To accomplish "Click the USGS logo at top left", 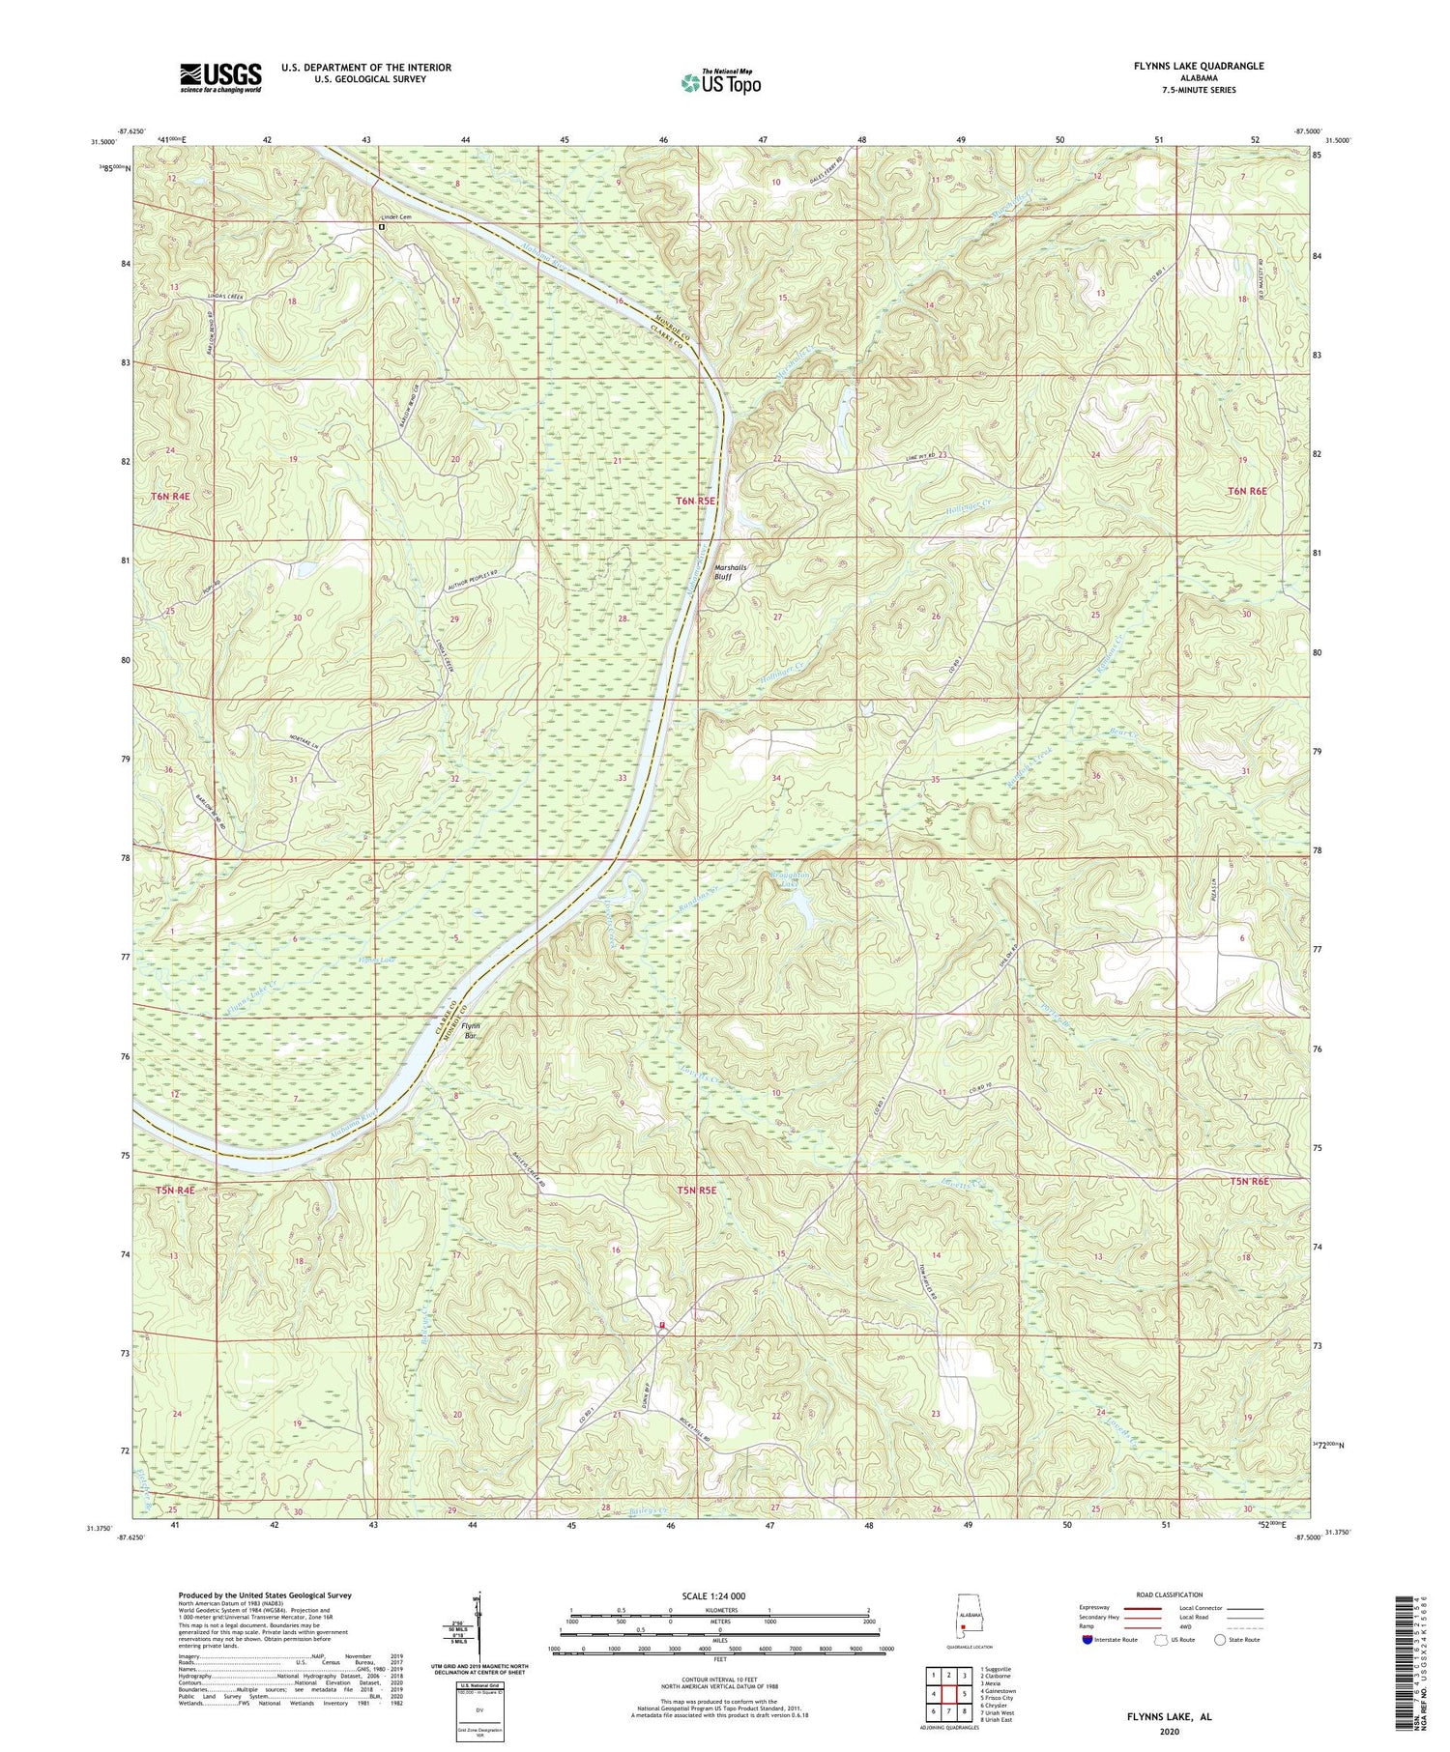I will [x=220, y=77].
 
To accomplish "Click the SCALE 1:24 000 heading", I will [x=719, y=1595].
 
